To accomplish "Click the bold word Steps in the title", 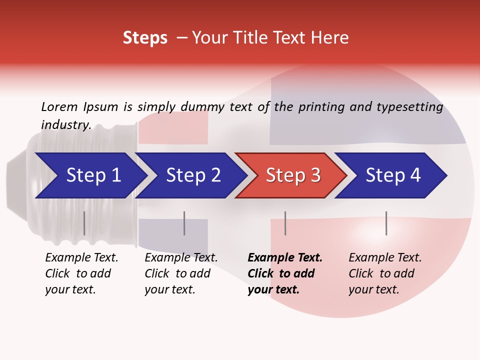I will [145, 38].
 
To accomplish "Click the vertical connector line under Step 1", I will [84, 223].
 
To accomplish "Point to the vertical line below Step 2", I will [184, 223].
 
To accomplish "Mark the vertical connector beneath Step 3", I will [285, 223].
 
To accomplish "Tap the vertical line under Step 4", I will [386, 223].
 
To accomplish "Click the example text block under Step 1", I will [81, 273].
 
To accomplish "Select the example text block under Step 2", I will [181, 273].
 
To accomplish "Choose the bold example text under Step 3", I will [285, 273].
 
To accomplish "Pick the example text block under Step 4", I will [385, 273].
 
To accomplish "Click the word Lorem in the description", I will [59, 107].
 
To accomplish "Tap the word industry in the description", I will [66, 125].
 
